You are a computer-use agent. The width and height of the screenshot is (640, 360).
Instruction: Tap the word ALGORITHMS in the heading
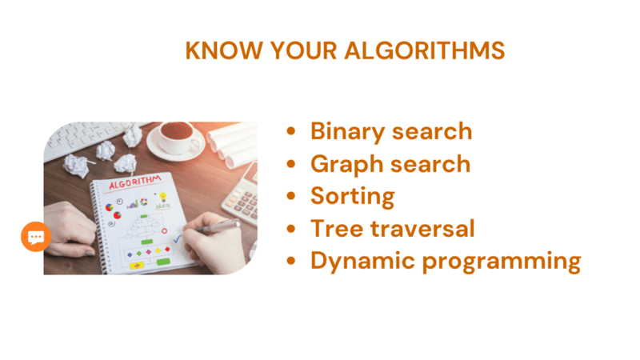425,50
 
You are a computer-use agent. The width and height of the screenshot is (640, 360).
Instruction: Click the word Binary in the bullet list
347,132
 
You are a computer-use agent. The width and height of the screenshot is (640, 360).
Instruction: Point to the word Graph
347,165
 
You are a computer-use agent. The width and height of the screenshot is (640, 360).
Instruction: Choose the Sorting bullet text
353,197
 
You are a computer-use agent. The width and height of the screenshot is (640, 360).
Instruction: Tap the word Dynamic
362,262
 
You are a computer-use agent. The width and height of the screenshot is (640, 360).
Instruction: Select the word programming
502,262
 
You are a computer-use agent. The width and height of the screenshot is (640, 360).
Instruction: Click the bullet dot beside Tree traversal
290,229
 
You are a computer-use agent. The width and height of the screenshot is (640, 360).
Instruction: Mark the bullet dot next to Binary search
290,131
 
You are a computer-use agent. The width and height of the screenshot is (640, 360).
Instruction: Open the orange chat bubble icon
36,237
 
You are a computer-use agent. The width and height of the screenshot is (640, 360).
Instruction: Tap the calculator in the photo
242,196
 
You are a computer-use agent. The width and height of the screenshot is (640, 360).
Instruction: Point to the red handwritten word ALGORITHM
134,182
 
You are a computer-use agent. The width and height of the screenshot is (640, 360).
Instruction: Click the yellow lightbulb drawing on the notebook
163,197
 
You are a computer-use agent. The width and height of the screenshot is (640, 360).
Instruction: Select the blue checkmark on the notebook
178,238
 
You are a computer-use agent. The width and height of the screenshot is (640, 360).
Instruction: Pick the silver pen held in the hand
218,226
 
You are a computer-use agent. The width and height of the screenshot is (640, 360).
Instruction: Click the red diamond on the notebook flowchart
167,249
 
